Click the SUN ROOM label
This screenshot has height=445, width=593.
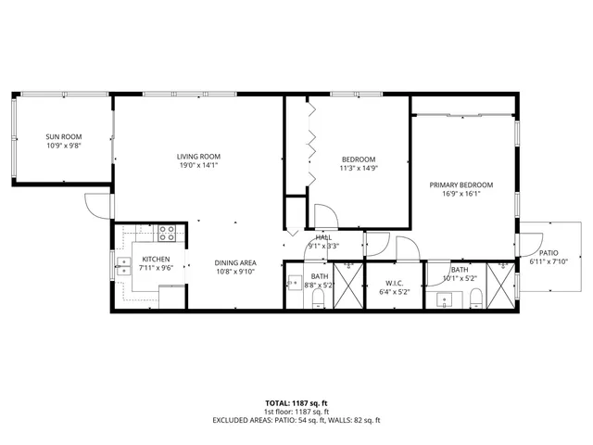click(x=64, y=136)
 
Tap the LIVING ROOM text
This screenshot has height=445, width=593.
click(x=199, y=156)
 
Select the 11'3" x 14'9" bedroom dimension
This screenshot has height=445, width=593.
click(x=359, y=168)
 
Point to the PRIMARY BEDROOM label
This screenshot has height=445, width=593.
click(x=461, y=184)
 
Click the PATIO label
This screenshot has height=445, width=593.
click(x=549, y=252)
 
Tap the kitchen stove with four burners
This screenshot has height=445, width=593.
click(x=167, y=234)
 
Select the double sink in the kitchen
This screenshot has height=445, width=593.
click(x=122, y=265)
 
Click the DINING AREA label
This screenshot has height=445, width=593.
click(x=235, y=262)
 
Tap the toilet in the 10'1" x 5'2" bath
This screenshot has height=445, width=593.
click(x=474, y=297)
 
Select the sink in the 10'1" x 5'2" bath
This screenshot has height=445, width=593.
click(x=444, y=299)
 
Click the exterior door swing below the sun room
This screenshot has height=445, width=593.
click(x=95, y=206)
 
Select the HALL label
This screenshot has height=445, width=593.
click(x=323, y=237)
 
